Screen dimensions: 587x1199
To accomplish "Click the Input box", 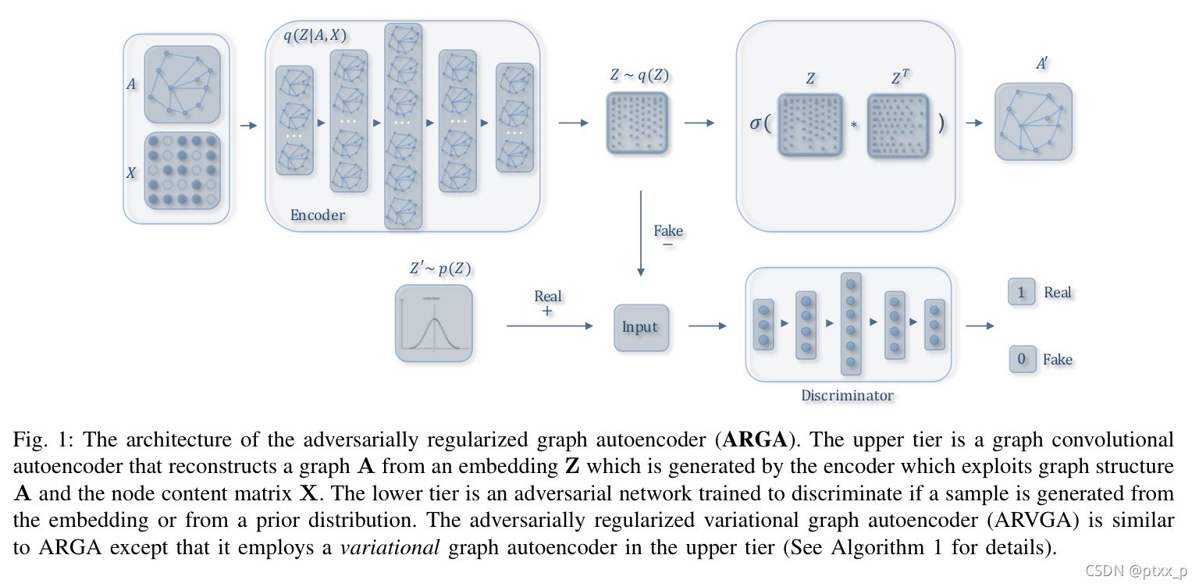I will pyautogui.click(x=641, y=327).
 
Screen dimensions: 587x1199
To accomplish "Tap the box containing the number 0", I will pyautogui.click(x=1022, y=360).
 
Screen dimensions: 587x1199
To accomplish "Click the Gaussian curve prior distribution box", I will pyautogui.click(x=434, y=323).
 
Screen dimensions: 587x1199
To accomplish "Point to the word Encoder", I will pyautogui.click(x=317, y=215).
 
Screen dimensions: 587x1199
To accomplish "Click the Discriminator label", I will pyautogui.click(x=847, y=395).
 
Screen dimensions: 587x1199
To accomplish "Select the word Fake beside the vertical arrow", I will pyautogui.click(x=668, y=230).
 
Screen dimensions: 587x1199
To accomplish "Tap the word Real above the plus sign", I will pyautogui.click(x=547, y=296).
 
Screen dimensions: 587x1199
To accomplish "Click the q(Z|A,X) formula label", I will pyautogui.click(x=315, y=34).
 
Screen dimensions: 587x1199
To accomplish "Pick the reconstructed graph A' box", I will pyautogui.click(x=1033, y=122).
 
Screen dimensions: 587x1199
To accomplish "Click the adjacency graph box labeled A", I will pyautogui.click(x=182, y=84).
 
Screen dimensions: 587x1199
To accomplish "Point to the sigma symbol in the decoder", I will pyautogui.click(x=756, y=123).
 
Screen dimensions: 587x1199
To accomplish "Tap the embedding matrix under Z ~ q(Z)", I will pyautogui.click(x=638, y=122).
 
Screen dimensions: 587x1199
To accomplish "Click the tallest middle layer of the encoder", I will pyautogui.click(x=403, y=125).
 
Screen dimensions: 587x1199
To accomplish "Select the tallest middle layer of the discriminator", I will pyautogui.click(x=851, y=324).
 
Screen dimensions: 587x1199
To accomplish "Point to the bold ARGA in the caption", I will pyautogui.click(x=755, y=440).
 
